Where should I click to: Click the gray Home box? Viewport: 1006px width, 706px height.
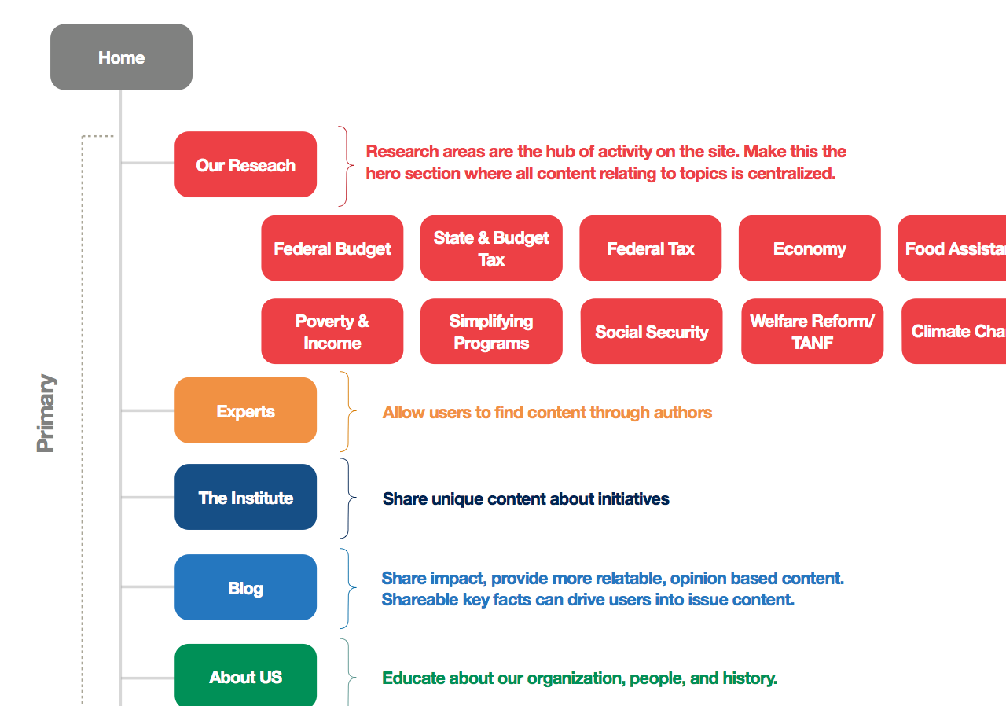121,57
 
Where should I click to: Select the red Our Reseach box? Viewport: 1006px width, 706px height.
245,165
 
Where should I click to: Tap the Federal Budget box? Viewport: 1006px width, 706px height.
332,248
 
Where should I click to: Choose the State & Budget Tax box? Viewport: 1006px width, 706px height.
491,248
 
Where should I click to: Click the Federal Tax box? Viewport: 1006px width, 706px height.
650,248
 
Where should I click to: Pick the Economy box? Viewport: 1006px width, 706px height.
810,248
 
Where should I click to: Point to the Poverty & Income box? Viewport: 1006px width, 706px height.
332,331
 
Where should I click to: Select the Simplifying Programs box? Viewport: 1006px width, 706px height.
491,331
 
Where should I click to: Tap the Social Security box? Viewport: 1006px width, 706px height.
652,331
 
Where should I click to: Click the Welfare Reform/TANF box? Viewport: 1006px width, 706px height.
812,331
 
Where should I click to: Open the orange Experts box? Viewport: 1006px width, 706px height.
245,411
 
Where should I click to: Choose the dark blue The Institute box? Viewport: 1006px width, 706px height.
245,498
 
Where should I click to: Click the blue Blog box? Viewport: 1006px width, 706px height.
245,588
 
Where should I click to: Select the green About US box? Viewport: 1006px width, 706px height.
245,677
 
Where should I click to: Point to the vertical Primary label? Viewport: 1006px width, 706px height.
46,413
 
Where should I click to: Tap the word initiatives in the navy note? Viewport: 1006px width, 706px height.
633,499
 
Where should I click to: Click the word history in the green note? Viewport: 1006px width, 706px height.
747,678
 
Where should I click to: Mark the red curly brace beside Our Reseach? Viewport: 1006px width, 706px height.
346,166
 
